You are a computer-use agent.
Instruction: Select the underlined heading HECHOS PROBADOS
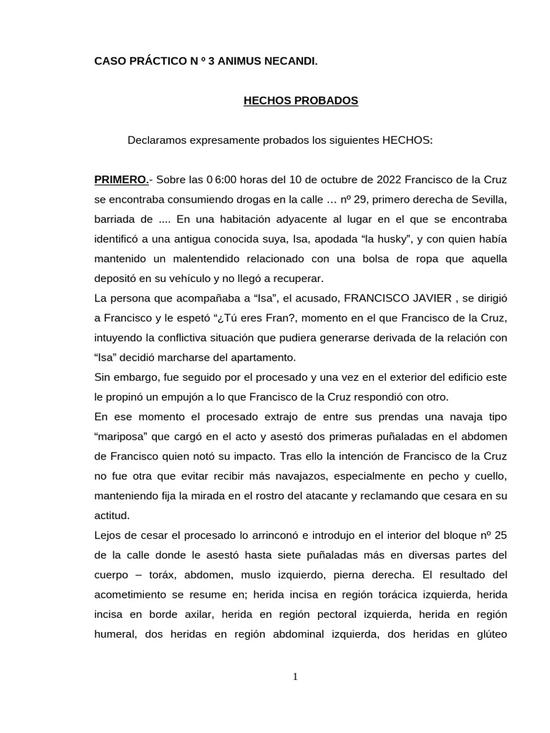point(301,101)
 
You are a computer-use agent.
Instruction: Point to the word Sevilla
point(489,198)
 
